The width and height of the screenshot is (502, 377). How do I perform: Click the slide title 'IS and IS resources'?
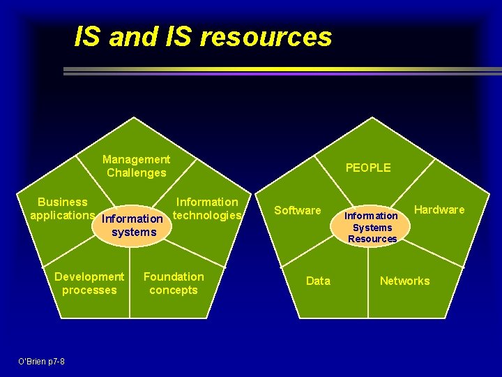pos(203,37)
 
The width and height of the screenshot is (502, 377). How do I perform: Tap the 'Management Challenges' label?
pos(136,166)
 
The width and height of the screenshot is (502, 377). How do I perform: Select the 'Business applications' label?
pos(63,208)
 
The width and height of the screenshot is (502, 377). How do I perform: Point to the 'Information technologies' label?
pos(207,208)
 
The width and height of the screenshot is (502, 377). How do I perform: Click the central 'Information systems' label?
pos(133,226)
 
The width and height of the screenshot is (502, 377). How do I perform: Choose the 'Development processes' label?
pos(89,283)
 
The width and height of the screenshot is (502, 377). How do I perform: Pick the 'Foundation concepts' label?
pos(174,283)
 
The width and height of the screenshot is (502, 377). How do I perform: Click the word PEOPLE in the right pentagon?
pos(368,168)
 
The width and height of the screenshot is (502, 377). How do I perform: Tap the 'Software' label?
pos(298,210)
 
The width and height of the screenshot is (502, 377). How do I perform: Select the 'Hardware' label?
pos(439,209)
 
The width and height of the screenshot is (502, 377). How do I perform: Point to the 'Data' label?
pos(318,281)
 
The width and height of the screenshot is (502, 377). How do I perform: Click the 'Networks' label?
pos(404,281)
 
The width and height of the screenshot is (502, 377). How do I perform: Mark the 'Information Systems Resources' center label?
pos(372,227)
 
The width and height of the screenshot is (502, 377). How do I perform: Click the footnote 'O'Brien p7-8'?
pos(42,361)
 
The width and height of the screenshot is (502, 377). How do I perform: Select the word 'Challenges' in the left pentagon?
pos(137,172)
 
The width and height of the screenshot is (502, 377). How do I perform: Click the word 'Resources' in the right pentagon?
pos(372,239)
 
